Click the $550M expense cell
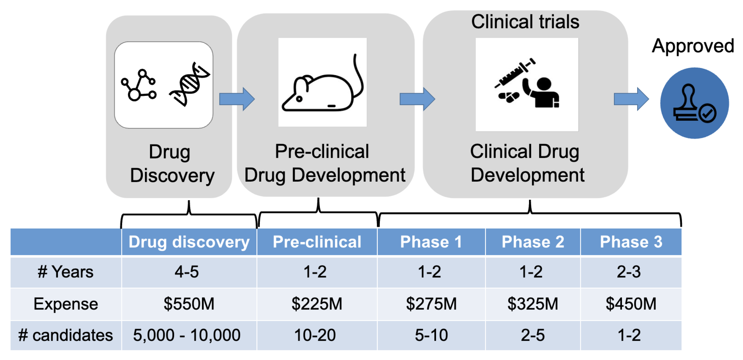(x=189, y=304)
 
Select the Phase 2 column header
(x=533, y=242)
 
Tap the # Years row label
(x=66, y=272)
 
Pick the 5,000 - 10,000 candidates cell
(x=187, y=335)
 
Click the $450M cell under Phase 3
(x=631, y=304)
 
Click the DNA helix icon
(x=190, y=84)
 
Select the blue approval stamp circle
(x=694, y=103)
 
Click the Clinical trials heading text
(x=525, y=22)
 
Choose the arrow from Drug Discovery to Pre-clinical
(x=237, y=99)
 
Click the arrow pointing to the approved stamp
(x=631, y=99)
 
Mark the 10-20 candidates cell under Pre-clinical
(x=315, y=335)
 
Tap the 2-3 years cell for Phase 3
(x=629, y=272)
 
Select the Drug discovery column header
(x=189, y=242)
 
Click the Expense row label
(x=66, y=304)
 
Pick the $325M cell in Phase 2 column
(x=533, y=304)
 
